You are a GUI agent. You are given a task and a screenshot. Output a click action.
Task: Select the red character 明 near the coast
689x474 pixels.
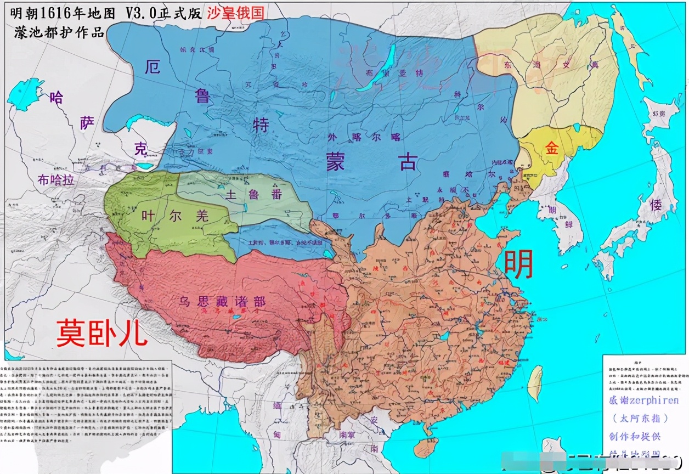pyautogui.click(x=518, y=264)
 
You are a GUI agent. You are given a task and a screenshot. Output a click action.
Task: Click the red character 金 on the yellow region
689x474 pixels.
pyautogui.click(x=551, y=148)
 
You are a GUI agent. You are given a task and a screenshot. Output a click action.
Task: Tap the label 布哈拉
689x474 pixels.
pyautogui.click(x=55, y=180)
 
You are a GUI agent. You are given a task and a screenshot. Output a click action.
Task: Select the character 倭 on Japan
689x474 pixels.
pyautogui.click(x=656, y=206)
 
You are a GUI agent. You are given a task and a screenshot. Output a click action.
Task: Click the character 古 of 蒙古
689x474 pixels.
pyautogui.click(x=408, y=162)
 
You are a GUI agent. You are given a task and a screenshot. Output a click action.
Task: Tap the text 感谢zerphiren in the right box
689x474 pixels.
pyautogui.click(x=643, y=400)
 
